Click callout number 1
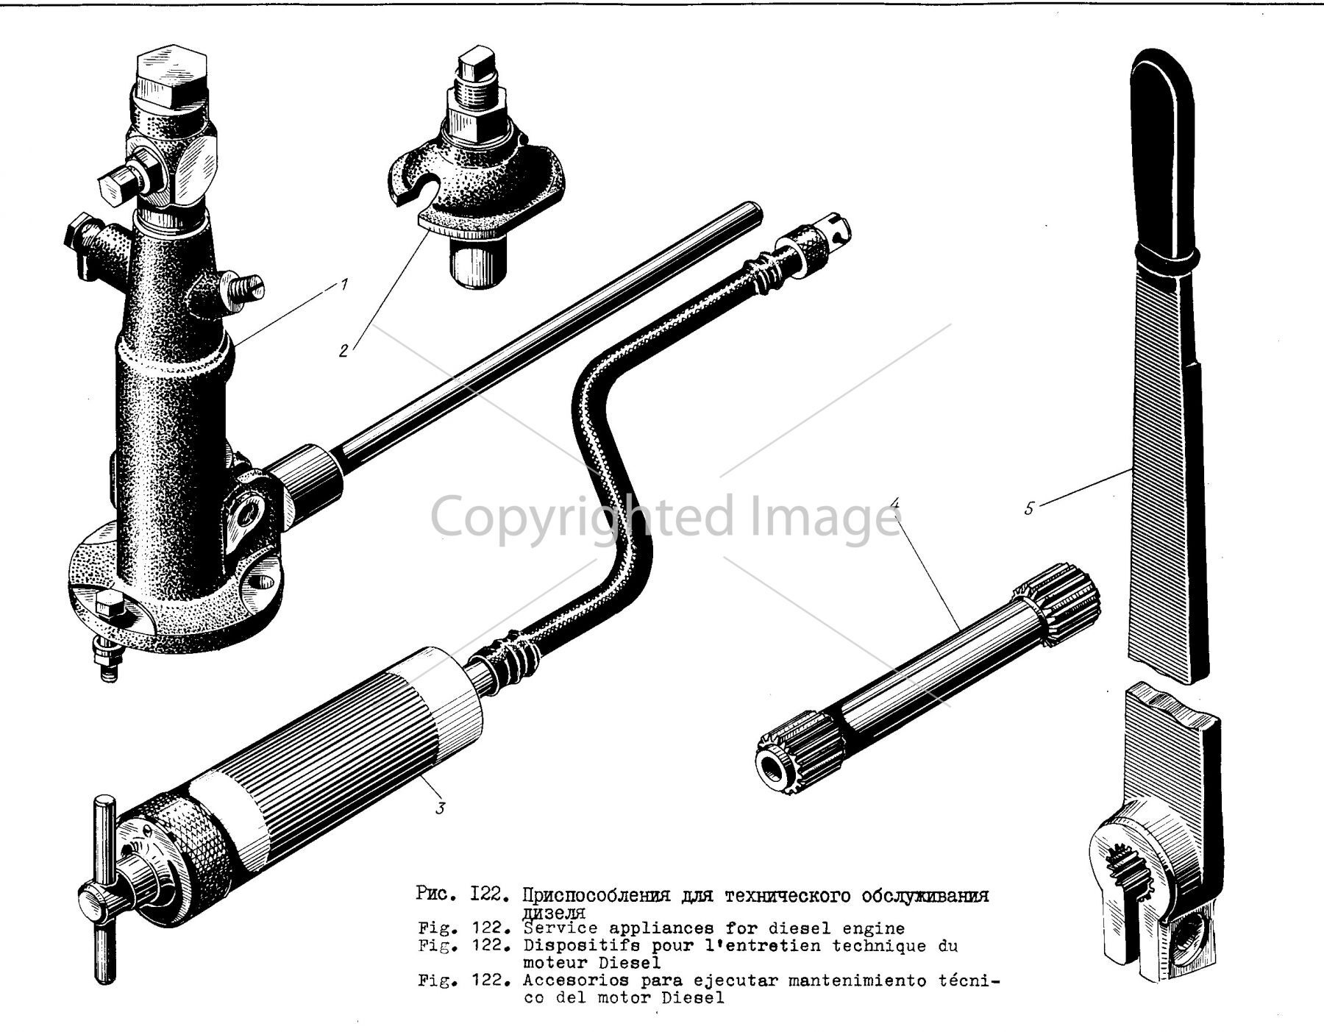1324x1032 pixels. (344, 284)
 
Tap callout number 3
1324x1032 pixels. (440, 808)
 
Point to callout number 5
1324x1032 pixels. (1029, 507)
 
